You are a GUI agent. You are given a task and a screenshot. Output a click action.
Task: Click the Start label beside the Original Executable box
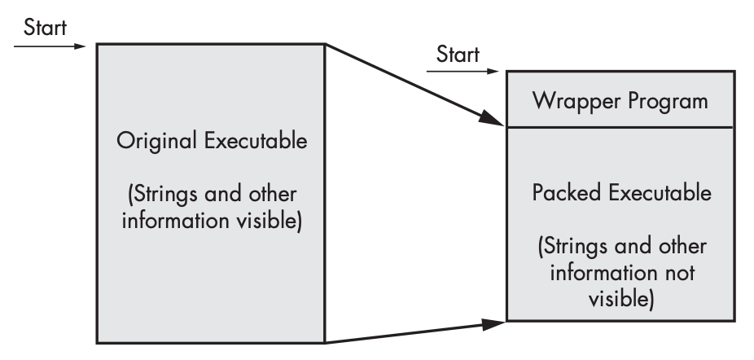pyautogui.click(x=46, y=28)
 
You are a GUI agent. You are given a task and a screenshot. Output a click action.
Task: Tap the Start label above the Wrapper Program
pyautogui.click(x=458, y=55)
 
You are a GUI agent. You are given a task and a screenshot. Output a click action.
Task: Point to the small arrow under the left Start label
pyautogui.click(x=50, y=46)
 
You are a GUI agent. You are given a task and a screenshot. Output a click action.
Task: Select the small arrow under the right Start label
pyautogui.click(x=462, y=71)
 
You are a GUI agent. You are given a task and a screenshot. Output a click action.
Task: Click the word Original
pyautogui.click(x=157, y=142)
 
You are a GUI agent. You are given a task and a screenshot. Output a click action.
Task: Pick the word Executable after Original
pyautogui.click(x=256, y=141)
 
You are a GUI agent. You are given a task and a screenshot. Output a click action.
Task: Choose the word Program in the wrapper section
pyautogui.click(x=659, y=102)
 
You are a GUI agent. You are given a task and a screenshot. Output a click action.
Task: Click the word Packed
pyautogui.click(x=567, y=192)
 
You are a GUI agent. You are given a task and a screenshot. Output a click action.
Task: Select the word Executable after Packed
pyautogui.click(x=660, y=192)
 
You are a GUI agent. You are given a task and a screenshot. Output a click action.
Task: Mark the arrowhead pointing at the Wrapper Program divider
pyautogui.click(x=491, y=118)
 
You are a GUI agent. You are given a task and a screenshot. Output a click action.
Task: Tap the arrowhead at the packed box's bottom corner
pyautogui.click(x=493, y=324)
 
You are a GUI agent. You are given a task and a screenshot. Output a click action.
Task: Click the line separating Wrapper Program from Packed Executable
pyautogui.click(x=620, y=128)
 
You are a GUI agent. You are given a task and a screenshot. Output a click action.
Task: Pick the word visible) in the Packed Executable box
pyautogui.click(x=621, y=300)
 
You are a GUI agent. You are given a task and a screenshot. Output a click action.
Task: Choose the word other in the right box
pyautogui.click(x=682, y=247)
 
